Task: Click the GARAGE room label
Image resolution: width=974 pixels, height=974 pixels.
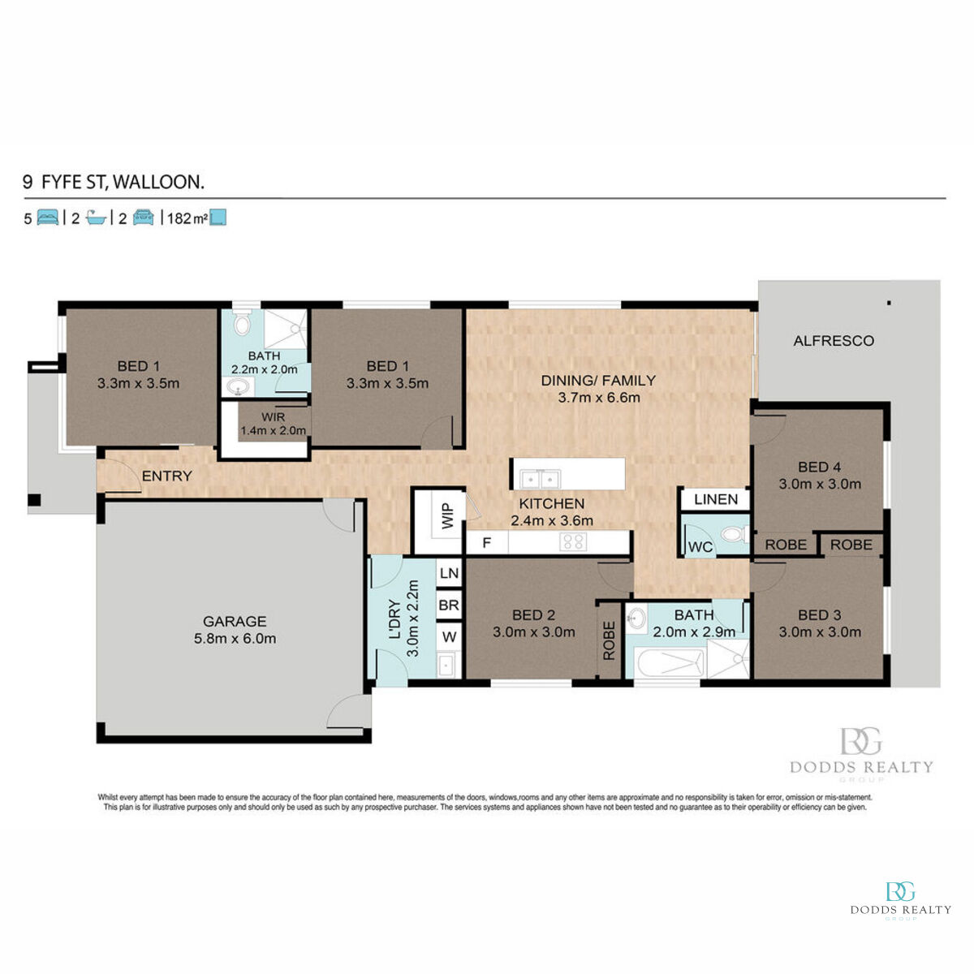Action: (235, 622)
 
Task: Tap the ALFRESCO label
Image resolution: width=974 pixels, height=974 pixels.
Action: (834, 341)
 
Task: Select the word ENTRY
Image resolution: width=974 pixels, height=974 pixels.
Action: (166, 476)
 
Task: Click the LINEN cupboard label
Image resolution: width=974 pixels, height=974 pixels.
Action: (716, 499)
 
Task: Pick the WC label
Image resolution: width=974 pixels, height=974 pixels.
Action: (700, 547)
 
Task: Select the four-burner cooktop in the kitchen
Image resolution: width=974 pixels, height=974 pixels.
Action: (573, 542)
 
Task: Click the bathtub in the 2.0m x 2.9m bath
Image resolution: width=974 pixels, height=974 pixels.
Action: (670, 663)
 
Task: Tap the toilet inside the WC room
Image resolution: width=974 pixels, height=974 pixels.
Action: (733, 535)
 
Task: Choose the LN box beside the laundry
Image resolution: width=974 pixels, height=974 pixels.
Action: (449, 573)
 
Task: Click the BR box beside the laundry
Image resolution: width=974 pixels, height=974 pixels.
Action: (449, 606)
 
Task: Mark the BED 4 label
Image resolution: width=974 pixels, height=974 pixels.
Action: (819, 468)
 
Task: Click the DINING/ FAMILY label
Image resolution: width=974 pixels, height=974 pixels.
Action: (598, 380)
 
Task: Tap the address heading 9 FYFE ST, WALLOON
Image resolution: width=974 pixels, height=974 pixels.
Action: (114, 182)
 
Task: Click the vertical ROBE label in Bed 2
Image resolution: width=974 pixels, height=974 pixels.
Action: (609, 641)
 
